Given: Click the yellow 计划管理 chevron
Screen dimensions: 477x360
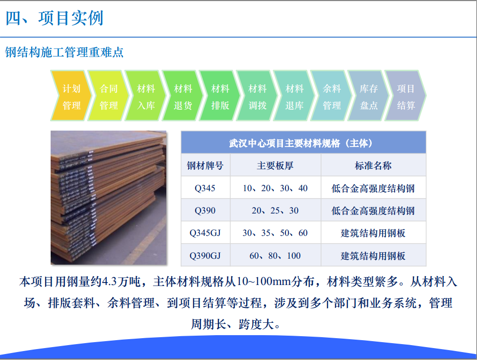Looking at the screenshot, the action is (71, 95).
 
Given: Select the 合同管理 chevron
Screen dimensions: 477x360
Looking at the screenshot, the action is (108, 95).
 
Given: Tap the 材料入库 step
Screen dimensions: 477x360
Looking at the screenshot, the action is (145, 95).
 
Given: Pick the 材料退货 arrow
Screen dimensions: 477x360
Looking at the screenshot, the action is (183, 95).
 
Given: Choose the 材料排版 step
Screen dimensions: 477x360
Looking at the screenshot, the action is (220, 95).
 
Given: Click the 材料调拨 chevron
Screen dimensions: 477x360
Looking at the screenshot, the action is (257, 95).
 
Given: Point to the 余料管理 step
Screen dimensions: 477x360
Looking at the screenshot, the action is (331, 95).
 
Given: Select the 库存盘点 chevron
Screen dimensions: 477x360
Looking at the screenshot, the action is (368, 95).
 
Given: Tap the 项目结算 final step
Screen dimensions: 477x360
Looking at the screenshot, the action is (406, 95).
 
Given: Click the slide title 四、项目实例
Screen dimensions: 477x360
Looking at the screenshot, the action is (55, 18).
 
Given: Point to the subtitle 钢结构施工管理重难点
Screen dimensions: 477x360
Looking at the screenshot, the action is (64, 52).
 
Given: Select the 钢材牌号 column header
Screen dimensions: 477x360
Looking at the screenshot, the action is (205, 165).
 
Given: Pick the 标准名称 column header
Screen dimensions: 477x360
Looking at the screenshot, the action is (373, 165).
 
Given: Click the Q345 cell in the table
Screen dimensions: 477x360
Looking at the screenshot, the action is (205, 188).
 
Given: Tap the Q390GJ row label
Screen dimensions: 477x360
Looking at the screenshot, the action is (205, 256).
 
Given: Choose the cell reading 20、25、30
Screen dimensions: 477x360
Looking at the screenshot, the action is (275, 211).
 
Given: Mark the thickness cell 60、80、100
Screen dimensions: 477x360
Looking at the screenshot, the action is (275, 256).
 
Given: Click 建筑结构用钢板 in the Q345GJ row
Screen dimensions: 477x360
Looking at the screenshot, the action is (373, 233).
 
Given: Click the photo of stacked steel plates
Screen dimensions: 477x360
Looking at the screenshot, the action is (109, 198).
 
